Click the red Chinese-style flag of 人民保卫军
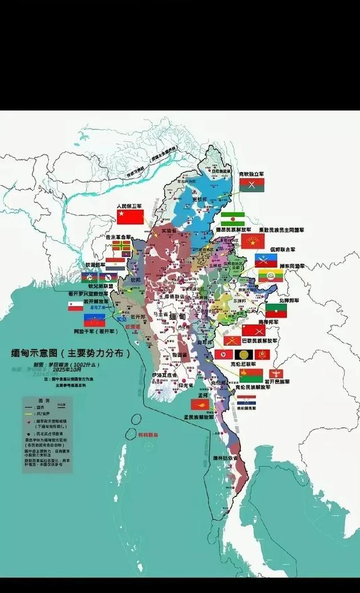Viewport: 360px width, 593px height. (130, 216)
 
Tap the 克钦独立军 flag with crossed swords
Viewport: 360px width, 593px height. (251, 184)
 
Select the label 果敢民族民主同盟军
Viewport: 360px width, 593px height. (281, 230)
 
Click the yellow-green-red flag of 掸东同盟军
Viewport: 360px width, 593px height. (270, 275)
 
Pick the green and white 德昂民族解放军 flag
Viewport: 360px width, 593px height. (232, 219)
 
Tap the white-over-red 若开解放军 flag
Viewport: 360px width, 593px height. (75, 306)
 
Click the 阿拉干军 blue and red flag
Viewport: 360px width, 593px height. (94, 320)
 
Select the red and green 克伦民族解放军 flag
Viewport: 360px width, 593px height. (251, 375)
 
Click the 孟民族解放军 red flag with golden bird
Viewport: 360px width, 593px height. (200, 404)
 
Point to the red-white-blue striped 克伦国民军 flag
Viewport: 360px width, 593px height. (246, 400)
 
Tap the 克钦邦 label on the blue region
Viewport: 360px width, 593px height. (200, 200)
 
